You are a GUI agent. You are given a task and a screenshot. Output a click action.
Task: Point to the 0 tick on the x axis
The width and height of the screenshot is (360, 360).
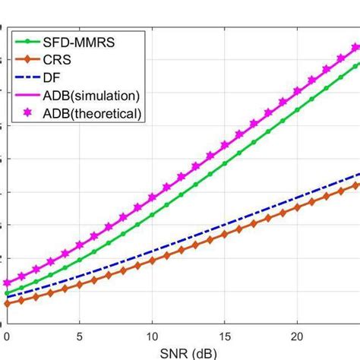click(7, 335)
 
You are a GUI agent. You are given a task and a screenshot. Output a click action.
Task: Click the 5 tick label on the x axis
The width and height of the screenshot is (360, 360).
click(80, 335)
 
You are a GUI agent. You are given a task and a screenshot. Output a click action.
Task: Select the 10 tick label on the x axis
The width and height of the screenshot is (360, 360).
click(152, 335)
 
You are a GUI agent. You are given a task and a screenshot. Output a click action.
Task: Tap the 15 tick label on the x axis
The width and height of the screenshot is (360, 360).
click(225, 335)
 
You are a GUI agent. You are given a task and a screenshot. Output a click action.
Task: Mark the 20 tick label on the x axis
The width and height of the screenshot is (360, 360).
click(298, 335)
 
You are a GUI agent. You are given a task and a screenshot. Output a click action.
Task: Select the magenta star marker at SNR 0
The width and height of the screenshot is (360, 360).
click(7, 283)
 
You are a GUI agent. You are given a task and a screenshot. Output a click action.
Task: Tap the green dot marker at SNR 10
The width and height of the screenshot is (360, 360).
click(152, 215)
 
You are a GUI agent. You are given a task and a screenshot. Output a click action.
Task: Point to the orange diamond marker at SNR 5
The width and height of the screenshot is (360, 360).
click(80, 285)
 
